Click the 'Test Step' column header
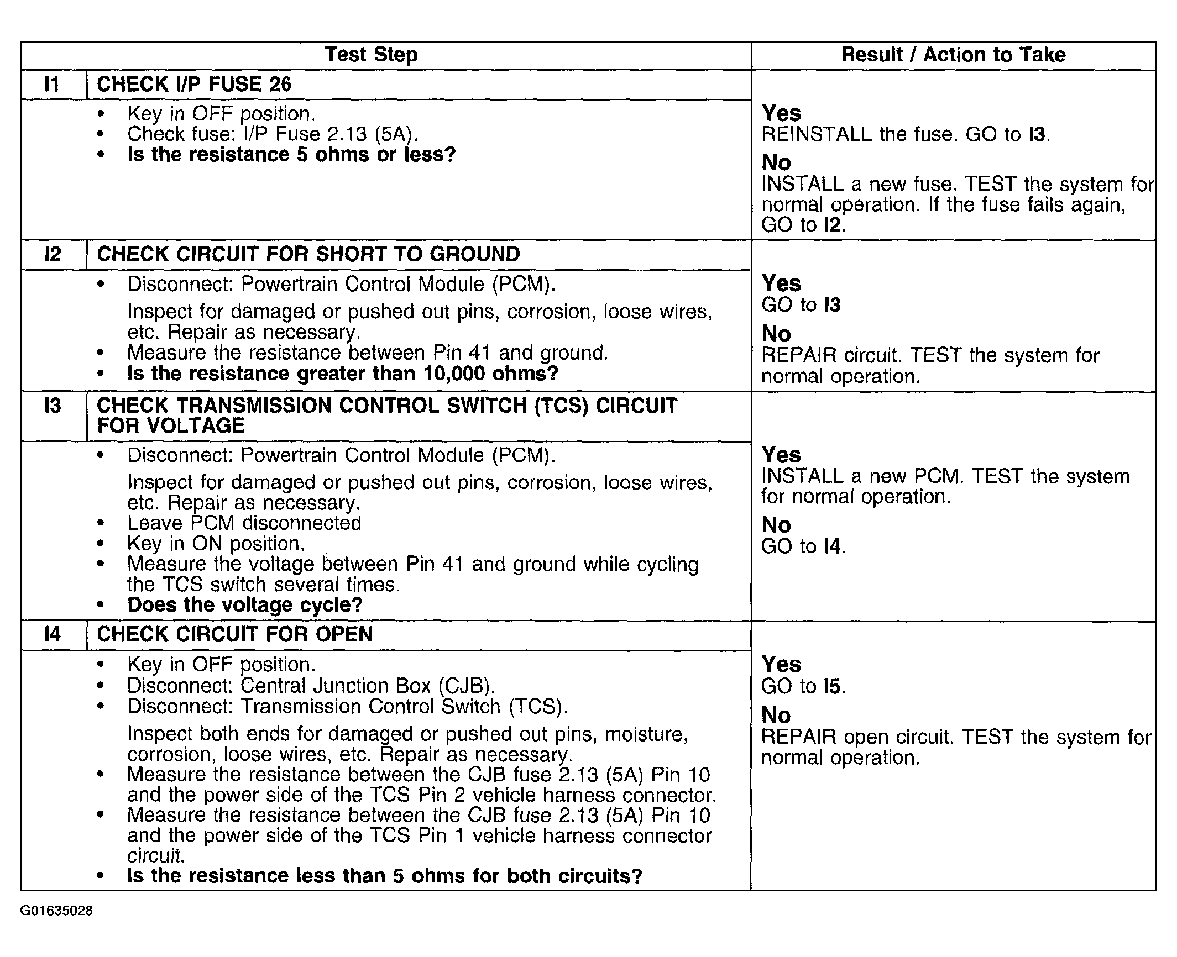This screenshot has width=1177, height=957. tap(371, 55)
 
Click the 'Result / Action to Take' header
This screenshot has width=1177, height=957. tap(953, 55)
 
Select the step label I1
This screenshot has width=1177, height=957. tap(52, 85)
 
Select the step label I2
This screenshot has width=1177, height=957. tap(53, 255)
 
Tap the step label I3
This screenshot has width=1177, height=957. tap(53, 406)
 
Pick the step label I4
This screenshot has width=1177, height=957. tap(53, 634)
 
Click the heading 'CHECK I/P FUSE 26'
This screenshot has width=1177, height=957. tap(193, 85)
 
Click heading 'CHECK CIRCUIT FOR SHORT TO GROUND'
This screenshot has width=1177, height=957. tap(308, 255)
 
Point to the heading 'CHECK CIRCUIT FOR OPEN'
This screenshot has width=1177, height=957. tap(234, 634)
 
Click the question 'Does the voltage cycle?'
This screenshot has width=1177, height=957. tap(244, 605)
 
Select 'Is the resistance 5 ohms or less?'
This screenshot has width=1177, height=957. tap(291, 155)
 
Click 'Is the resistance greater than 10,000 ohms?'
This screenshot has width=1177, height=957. tap(342, 374)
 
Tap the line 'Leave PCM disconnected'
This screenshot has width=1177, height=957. tap(244, 523)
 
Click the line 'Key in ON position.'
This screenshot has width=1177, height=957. tap(216, 544)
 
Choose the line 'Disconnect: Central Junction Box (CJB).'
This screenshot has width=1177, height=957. tap(311, 686)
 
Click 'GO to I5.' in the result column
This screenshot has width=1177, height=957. tap(803, 686)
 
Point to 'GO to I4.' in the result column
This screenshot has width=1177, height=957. tap(803, 546)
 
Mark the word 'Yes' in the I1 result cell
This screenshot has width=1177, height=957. tap(781, 113)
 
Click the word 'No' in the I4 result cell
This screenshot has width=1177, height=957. tap(776, 716)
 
